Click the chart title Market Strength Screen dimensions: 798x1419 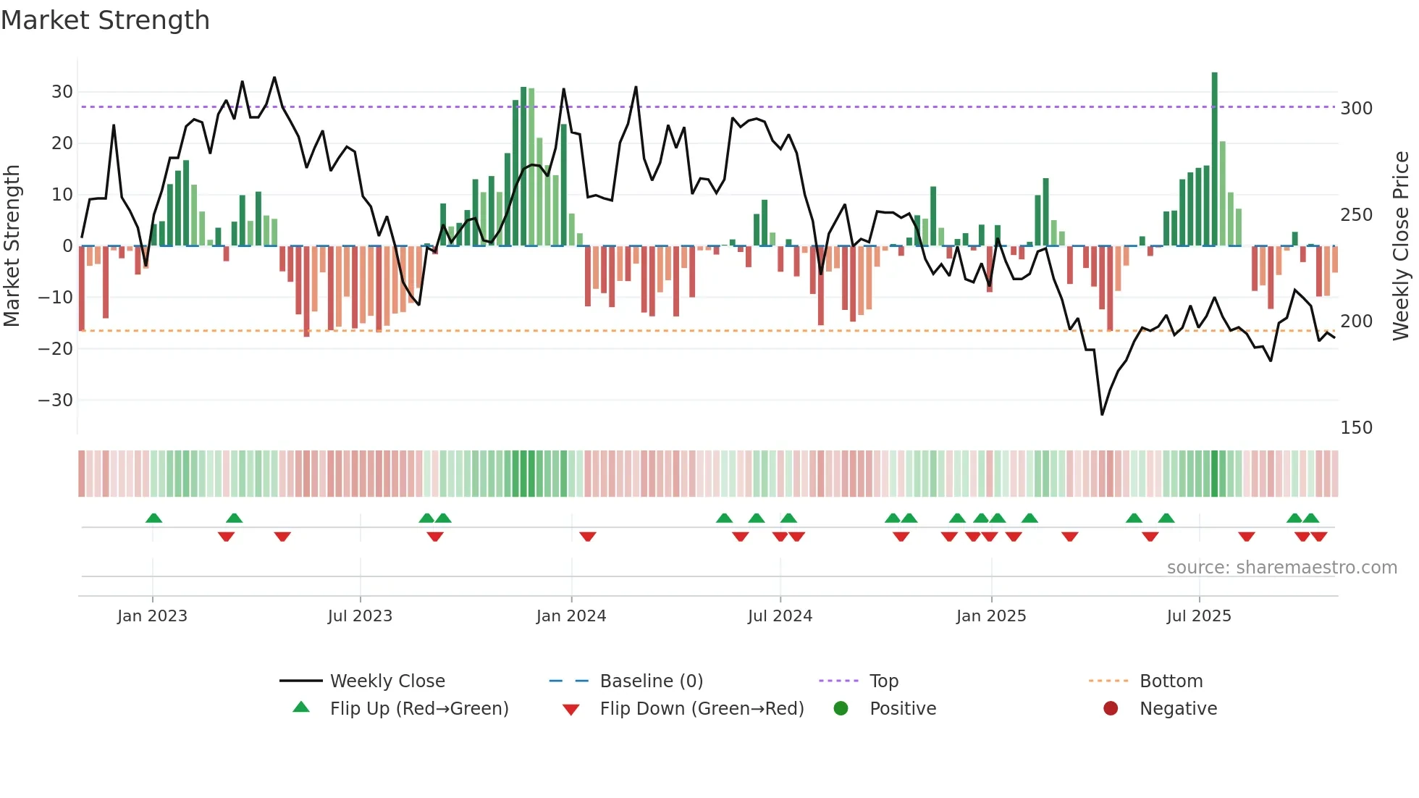tap(105, 20)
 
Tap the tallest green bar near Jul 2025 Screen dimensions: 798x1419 tap(1214, 159)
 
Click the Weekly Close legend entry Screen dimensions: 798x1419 tap(387, 681)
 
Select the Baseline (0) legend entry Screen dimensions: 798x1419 tap(651, 681)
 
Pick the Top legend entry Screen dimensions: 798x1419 tap(883, 681)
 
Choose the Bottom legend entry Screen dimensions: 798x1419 tap(1171, 681)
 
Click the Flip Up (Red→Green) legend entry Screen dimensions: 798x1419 tap(418, 709)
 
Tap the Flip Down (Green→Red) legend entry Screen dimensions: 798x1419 tap(702, 709)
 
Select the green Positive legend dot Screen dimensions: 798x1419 tap(841, 708)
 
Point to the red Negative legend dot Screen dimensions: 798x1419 tap(1111, 708)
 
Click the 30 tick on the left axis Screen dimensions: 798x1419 tap(62, 92)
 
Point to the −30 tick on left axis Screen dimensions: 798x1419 tap(56, 400)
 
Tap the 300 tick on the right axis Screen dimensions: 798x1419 tap(1356, 109)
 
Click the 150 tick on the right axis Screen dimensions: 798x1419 tap(1356, 428)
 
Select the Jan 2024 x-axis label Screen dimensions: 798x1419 tap(571, 616)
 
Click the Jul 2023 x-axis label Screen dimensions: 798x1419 tap(360, 616)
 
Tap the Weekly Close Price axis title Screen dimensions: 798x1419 tap(1401, 246)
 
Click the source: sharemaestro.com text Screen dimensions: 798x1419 tap(1281, 568)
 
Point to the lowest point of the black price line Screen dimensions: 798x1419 tap(1102, 414)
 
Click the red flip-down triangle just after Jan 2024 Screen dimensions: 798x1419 tap(588, 537)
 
